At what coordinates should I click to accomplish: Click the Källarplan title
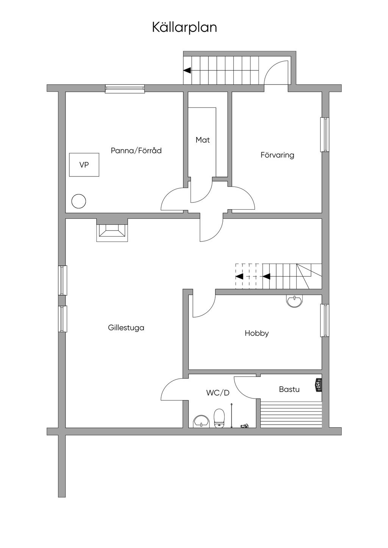click(185, 27)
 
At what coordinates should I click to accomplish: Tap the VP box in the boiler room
click(84, 165)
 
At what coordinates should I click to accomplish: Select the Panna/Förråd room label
click(136, 151)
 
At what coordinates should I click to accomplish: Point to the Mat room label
click(203, 140)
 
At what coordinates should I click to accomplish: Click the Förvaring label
click(277, 155)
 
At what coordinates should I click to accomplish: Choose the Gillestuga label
click(126, 328)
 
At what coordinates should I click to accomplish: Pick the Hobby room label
click(257, 333)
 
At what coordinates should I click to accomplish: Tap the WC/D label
click(218, 393)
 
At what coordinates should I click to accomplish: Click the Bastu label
click(289, 389)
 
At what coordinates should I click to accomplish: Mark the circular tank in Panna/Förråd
click(79, 201)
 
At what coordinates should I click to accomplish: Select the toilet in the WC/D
click(219, 418)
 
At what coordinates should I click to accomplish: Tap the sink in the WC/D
click(201, 421)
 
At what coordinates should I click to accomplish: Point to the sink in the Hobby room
click(294, 301)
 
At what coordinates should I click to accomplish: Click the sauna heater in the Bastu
click(318, 386)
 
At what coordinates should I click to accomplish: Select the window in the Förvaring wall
click(325, 135)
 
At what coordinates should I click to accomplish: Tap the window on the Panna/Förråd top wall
click(125, 89)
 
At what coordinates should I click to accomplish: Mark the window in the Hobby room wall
click(325, 320)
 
